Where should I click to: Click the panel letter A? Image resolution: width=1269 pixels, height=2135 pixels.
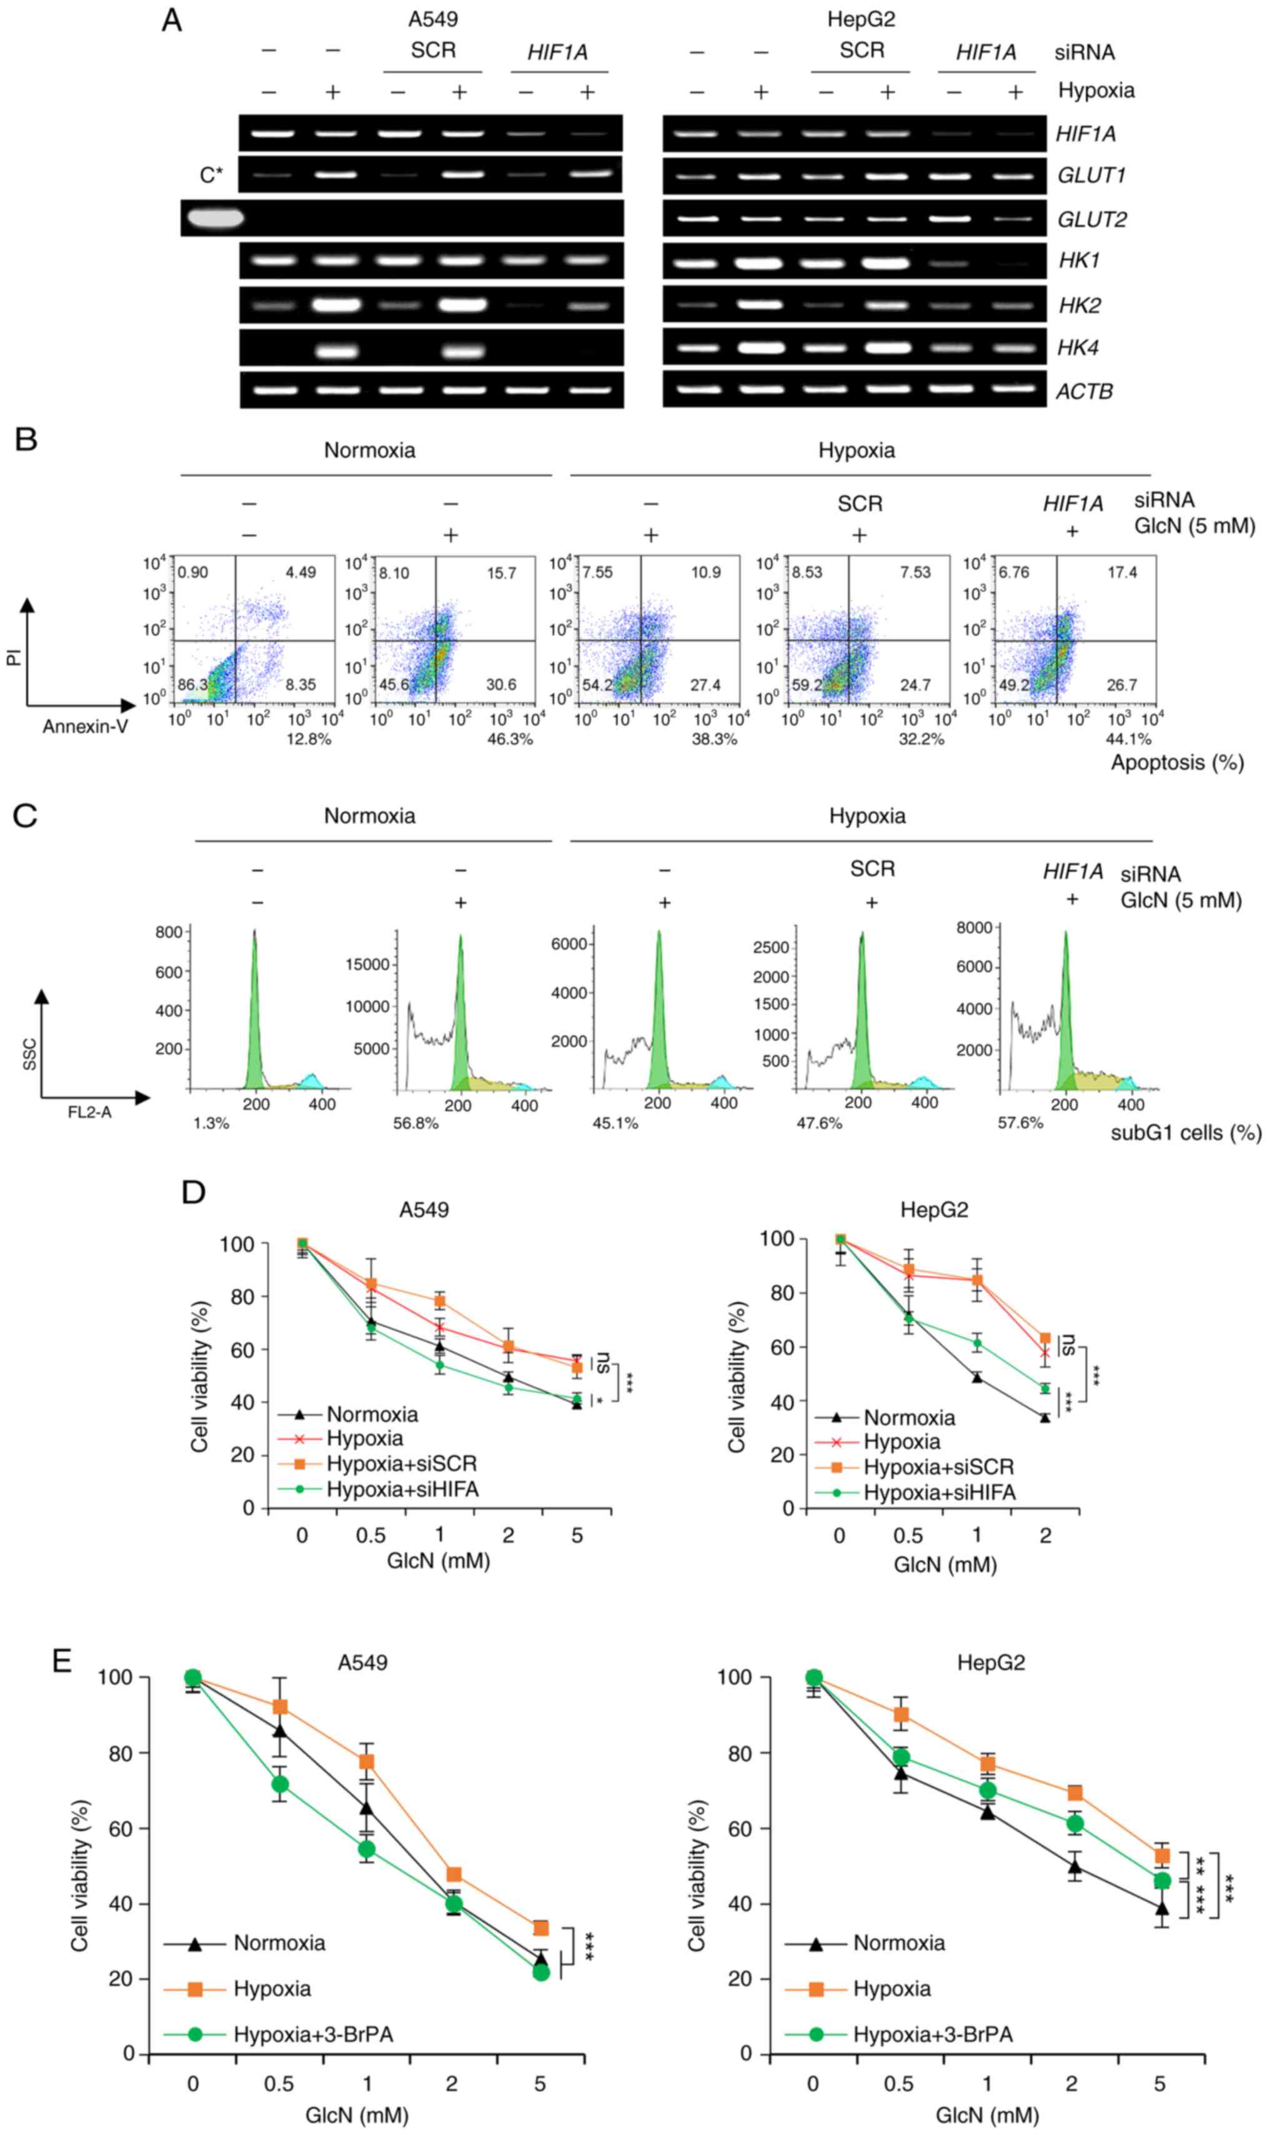point(172,21)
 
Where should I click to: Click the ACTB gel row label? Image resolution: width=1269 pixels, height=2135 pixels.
point(1083,392)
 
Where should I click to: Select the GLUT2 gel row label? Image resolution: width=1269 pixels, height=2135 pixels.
point(1091,220)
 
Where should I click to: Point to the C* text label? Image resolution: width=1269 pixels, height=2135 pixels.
point(211,176)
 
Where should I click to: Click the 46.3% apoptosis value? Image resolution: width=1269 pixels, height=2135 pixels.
point(510,739)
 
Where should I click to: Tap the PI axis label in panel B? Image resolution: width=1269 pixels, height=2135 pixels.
point(14,657)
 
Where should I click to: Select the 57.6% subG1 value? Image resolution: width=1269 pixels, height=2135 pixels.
point(1020,1123)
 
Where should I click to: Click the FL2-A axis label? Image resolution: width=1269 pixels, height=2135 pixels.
point(90,1112)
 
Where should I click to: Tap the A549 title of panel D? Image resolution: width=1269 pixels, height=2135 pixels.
point(423,1209)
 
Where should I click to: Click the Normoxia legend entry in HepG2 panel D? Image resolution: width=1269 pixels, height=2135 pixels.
point(908,1417)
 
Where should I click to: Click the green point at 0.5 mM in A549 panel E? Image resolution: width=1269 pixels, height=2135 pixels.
point(280,1784)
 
